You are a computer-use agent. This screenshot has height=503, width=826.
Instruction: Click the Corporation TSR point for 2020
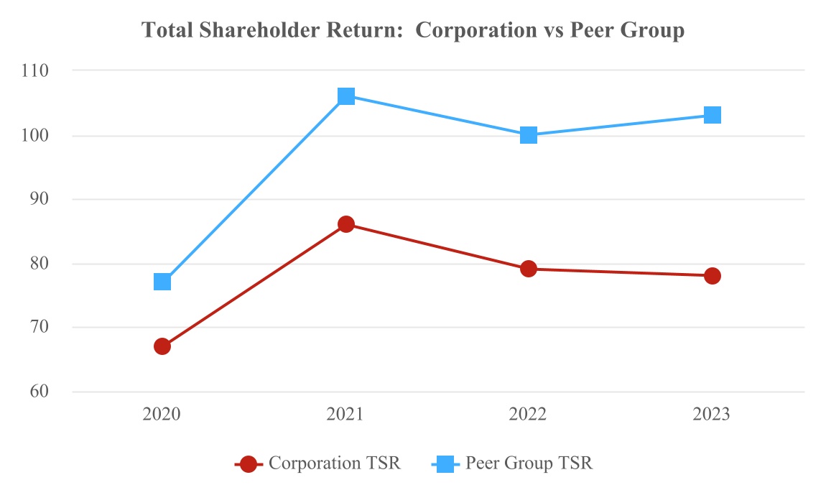coord(162,346)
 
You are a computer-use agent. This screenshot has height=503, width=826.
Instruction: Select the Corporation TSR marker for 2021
coord(346,224)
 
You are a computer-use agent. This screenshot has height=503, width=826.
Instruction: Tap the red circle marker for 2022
coord(529,269)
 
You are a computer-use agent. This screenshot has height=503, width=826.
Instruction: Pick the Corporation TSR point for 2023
coord(712,275)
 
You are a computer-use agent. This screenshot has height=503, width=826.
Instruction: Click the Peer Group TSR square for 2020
coord(162,282)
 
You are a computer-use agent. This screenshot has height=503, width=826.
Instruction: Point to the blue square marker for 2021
coord(346,96)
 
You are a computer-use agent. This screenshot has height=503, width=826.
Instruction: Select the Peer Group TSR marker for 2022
coord(529,135)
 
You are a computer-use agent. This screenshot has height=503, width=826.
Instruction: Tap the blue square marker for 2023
coord(712,115)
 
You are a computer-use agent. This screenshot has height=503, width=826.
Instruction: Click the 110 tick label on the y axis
coord(35,70)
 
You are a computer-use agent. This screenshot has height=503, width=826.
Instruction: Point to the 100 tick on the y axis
coord(35,135)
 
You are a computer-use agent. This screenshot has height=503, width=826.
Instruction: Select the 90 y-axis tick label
coord(38,199)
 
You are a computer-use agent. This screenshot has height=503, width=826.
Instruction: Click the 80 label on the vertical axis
coord(38,264)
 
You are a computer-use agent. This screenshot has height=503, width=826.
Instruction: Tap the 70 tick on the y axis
coord(38,328)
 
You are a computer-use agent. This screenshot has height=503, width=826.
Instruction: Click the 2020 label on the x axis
coord(162,415)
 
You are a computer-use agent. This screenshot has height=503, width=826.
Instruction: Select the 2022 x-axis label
coord(529,415)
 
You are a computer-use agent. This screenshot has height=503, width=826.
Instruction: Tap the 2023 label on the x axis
coord(712,415)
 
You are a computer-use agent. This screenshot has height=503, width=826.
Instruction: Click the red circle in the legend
coord(249,464)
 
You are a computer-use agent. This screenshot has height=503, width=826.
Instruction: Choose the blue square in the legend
coord(445,464)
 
